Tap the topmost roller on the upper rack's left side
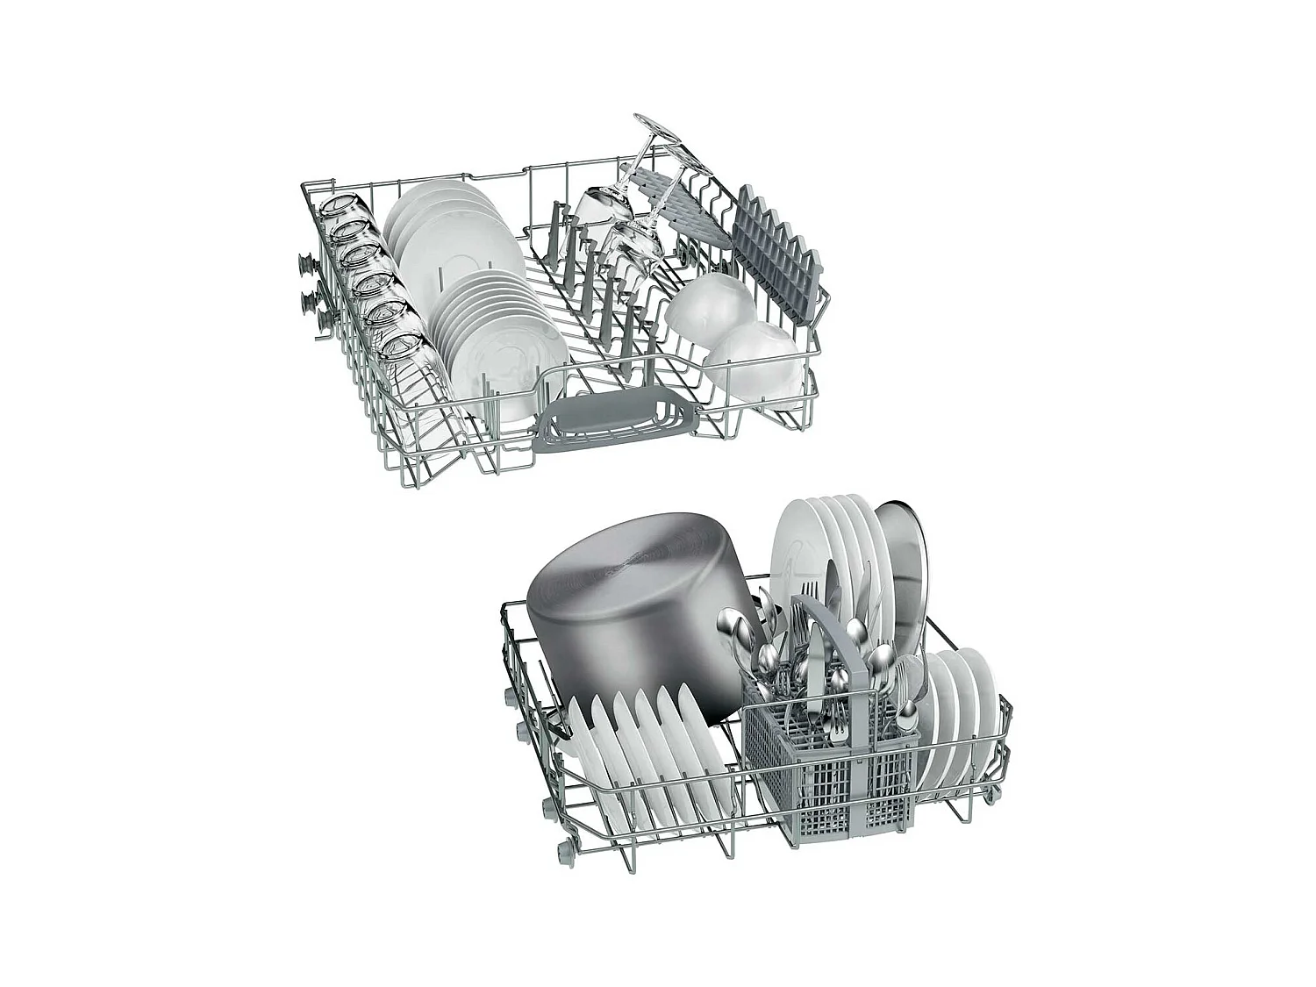306,261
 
